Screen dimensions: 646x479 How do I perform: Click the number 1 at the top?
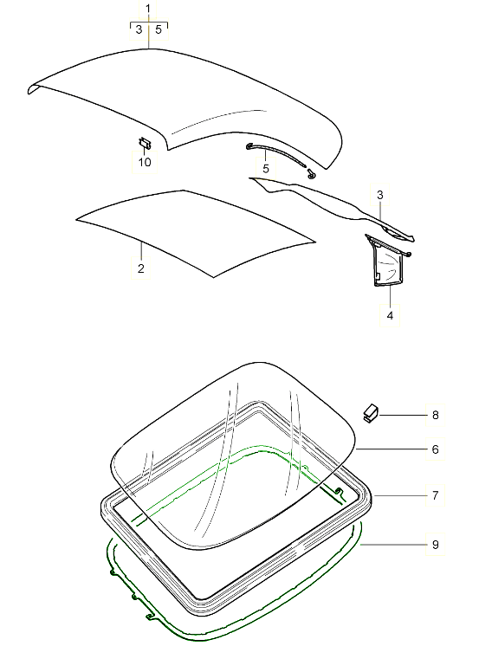tap(149, 9)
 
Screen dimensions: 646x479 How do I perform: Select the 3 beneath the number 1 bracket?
tap(139, 30)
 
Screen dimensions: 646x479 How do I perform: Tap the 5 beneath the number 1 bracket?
tap(159, 30)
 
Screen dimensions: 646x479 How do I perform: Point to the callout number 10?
tap(144, 162)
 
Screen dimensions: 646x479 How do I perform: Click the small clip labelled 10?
tap(146, 142)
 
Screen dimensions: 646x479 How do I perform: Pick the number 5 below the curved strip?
tap(266, 167)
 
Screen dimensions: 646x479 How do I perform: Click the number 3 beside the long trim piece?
tap(379, 197)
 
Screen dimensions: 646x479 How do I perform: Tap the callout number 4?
tap(390, 316)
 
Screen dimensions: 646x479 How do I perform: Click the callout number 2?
tap(140, 269)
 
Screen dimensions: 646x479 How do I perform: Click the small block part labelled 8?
tap(372, 411)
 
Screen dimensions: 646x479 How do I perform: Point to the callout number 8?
tap(435, 416)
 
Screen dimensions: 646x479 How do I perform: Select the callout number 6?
tap(435, 449)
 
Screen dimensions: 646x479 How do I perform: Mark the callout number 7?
tap(435, 495)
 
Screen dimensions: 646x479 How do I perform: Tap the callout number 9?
tap(435, 544)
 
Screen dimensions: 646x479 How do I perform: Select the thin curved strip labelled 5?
tap(277, 157)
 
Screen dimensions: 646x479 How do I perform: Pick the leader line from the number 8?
tap(403, 416)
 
